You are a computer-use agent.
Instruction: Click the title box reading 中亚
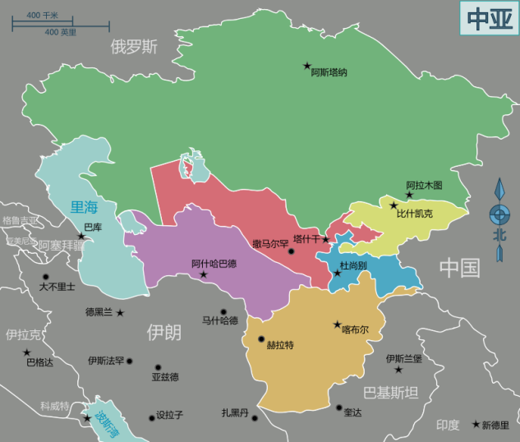point(487,17)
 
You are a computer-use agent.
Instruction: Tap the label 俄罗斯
point(134,47)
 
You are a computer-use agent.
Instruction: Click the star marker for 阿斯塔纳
point(307,65)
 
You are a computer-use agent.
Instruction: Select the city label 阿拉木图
point(424,186)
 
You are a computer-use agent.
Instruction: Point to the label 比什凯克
point(414,214)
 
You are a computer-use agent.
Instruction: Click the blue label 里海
point(84,208)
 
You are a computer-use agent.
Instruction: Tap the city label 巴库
point(93,227)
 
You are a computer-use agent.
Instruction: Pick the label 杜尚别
point(353,266)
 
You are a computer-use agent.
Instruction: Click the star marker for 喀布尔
point(336,325)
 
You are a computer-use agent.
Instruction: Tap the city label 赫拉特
point(280,344)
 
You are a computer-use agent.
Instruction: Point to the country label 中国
point(459,267)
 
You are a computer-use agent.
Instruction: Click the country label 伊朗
point(163,332)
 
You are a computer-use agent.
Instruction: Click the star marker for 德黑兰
point(120,313)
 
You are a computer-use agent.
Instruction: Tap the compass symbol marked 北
point(498,219)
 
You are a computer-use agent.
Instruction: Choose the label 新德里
point(495,425)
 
